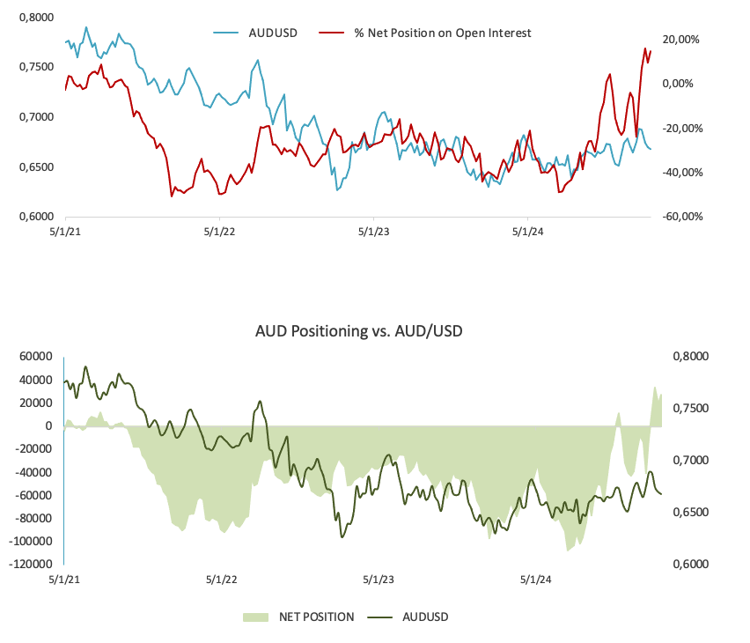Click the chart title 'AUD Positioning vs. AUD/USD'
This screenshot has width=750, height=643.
point(358,331)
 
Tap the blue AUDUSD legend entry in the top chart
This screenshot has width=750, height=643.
point(273,33)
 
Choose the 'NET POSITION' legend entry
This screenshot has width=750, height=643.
point(316,617)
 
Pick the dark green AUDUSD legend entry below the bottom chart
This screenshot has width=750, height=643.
point(425,617)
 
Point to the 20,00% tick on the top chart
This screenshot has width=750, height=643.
point(680,40)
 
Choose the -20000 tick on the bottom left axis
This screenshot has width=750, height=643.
point(30,449)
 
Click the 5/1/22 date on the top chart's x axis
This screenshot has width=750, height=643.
point(219,233)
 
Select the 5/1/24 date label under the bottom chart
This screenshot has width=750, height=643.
point(535,580)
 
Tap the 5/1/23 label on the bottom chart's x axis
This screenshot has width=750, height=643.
point(379,580)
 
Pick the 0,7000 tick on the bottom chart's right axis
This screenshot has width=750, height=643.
point(689,461)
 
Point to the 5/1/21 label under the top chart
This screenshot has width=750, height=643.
point(65,233)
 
